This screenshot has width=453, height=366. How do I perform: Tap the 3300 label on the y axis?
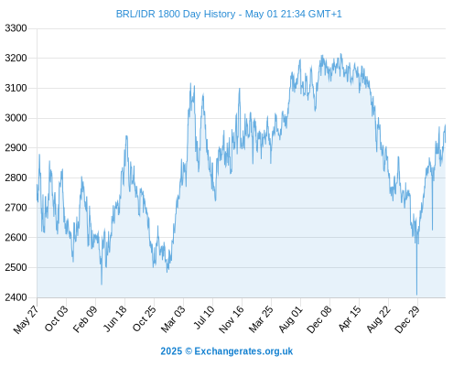coord(16,28)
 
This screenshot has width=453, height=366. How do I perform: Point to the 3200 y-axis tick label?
coord(16,58)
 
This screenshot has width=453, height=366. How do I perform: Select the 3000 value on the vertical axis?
coord(16,118)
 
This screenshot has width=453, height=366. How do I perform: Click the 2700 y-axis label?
coord(16,208)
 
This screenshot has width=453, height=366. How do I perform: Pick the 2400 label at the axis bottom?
coord(16,297)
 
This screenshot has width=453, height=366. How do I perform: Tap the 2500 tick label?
coord(16,267)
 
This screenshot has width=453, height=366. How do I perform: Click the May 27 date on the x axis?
coord(27,319)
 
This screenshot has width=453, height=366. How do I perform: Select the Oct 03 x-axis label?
coord(56,318)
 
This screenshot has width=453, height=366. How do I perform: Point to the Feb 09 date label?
coord(85,318)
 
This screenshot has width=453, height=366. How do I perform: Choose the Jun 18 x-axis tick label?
coord(115,318)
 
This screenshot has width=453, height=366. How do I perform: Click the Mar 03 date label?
coord(173,319)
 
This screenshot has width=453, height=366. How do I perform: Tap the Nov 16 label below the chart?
coord(232,319)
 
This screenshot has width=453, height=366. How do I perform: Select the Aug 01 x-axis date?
coord(290,319)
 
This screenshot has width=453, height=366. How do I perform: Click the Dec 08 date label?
coord(319,319)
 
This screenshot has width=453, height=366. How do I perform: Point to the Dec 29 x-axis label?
coord(407,319)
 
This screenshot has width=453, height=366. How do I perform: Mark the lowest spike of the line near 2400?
coord(416,295)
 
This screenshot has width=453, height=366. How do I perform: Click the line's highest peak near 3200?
coord(341,54)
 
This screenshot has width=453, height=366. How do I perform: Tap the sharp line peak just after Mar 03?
coord(190,83)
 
